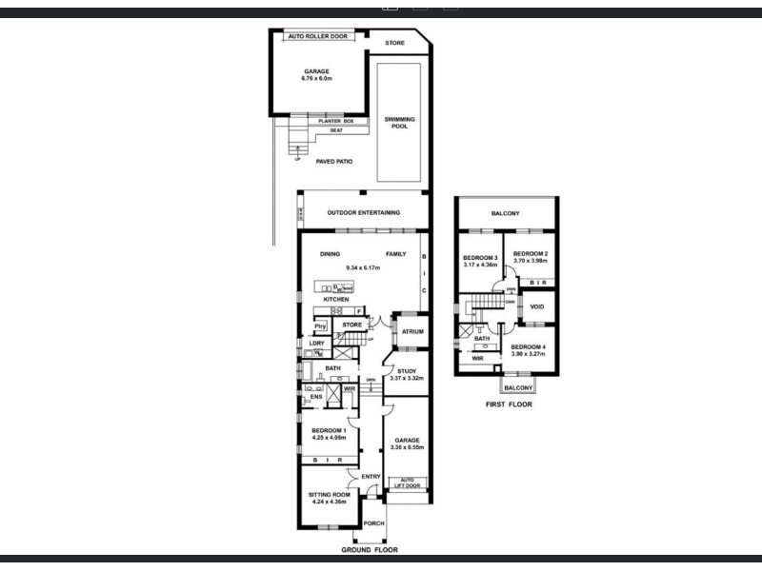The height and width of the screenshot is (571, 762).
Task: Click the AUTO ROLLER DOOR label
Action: [x=316, y=35]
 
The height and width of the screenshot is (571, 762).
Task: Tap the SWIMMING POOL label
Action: [x=400, y=123]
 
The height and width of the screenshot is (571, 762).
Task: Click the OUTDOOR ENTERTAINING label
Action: [x=363, y=212]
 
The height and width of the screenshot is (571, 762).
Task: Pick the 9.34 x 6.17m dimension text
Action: [x=363, y=267]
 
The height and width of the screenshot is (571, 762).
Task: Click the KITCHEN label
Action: [x=335, y=300]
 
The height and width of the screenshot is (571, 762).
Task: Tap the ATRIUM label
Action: [x=412, y=332]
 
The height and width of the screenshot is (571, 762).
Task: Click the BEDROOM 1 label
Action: [x=329, y=430]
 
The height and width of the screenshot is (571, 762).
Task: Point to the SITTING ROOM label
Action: [x=329, y=495]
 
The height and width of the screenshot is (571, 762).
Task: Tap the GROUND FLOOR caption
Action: [x=370, y=550]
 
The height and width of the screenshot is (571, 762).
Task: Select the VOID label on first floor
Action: [x=537, y=306]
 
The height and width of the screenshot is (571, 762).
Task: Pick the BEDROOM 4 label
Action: [x=529, y=346]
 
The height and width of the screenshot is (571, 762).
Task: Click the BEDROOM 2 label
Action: [x=531, y=252]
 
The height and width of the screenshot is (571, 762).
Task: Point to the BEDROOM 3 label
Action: [x=480, y=258]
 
